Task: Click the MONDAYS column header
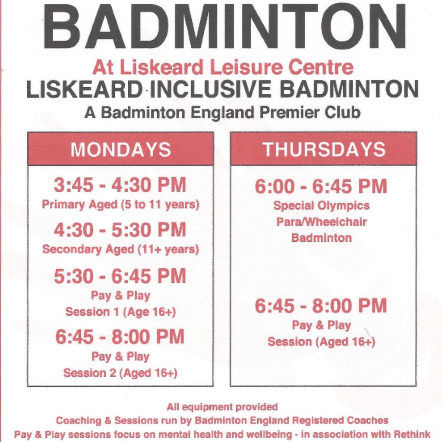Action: coord(120,150)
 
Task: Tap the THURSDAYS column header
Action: coord(324,149)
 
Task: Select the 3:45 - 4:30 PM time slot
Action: coord(120,185)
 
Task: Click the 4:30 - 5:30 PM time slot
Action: coord(120,230)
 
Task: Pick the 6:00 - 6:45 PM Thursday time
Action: coord(321,186)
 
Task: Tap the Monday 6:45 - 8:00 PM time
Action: coord(120,337)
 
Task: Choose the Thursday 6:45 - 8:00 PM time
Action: coord(321,306)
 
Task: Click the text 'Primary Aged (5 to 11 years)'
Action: coord(120,204)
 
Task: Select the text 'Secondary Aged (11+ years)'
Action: coord(120,249)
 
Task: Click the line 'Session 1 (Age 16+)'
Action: coord(120,312)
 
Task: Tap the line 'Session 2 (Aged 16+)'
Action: coord(120,373)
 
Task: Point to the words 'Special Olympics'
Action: coord(322,205)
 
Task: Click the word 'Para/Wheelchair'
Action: coord(322,222)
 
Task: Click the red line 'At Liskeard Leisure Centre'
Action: coord(223,67)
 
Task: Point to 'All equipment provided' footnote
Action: coord(222,407)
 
